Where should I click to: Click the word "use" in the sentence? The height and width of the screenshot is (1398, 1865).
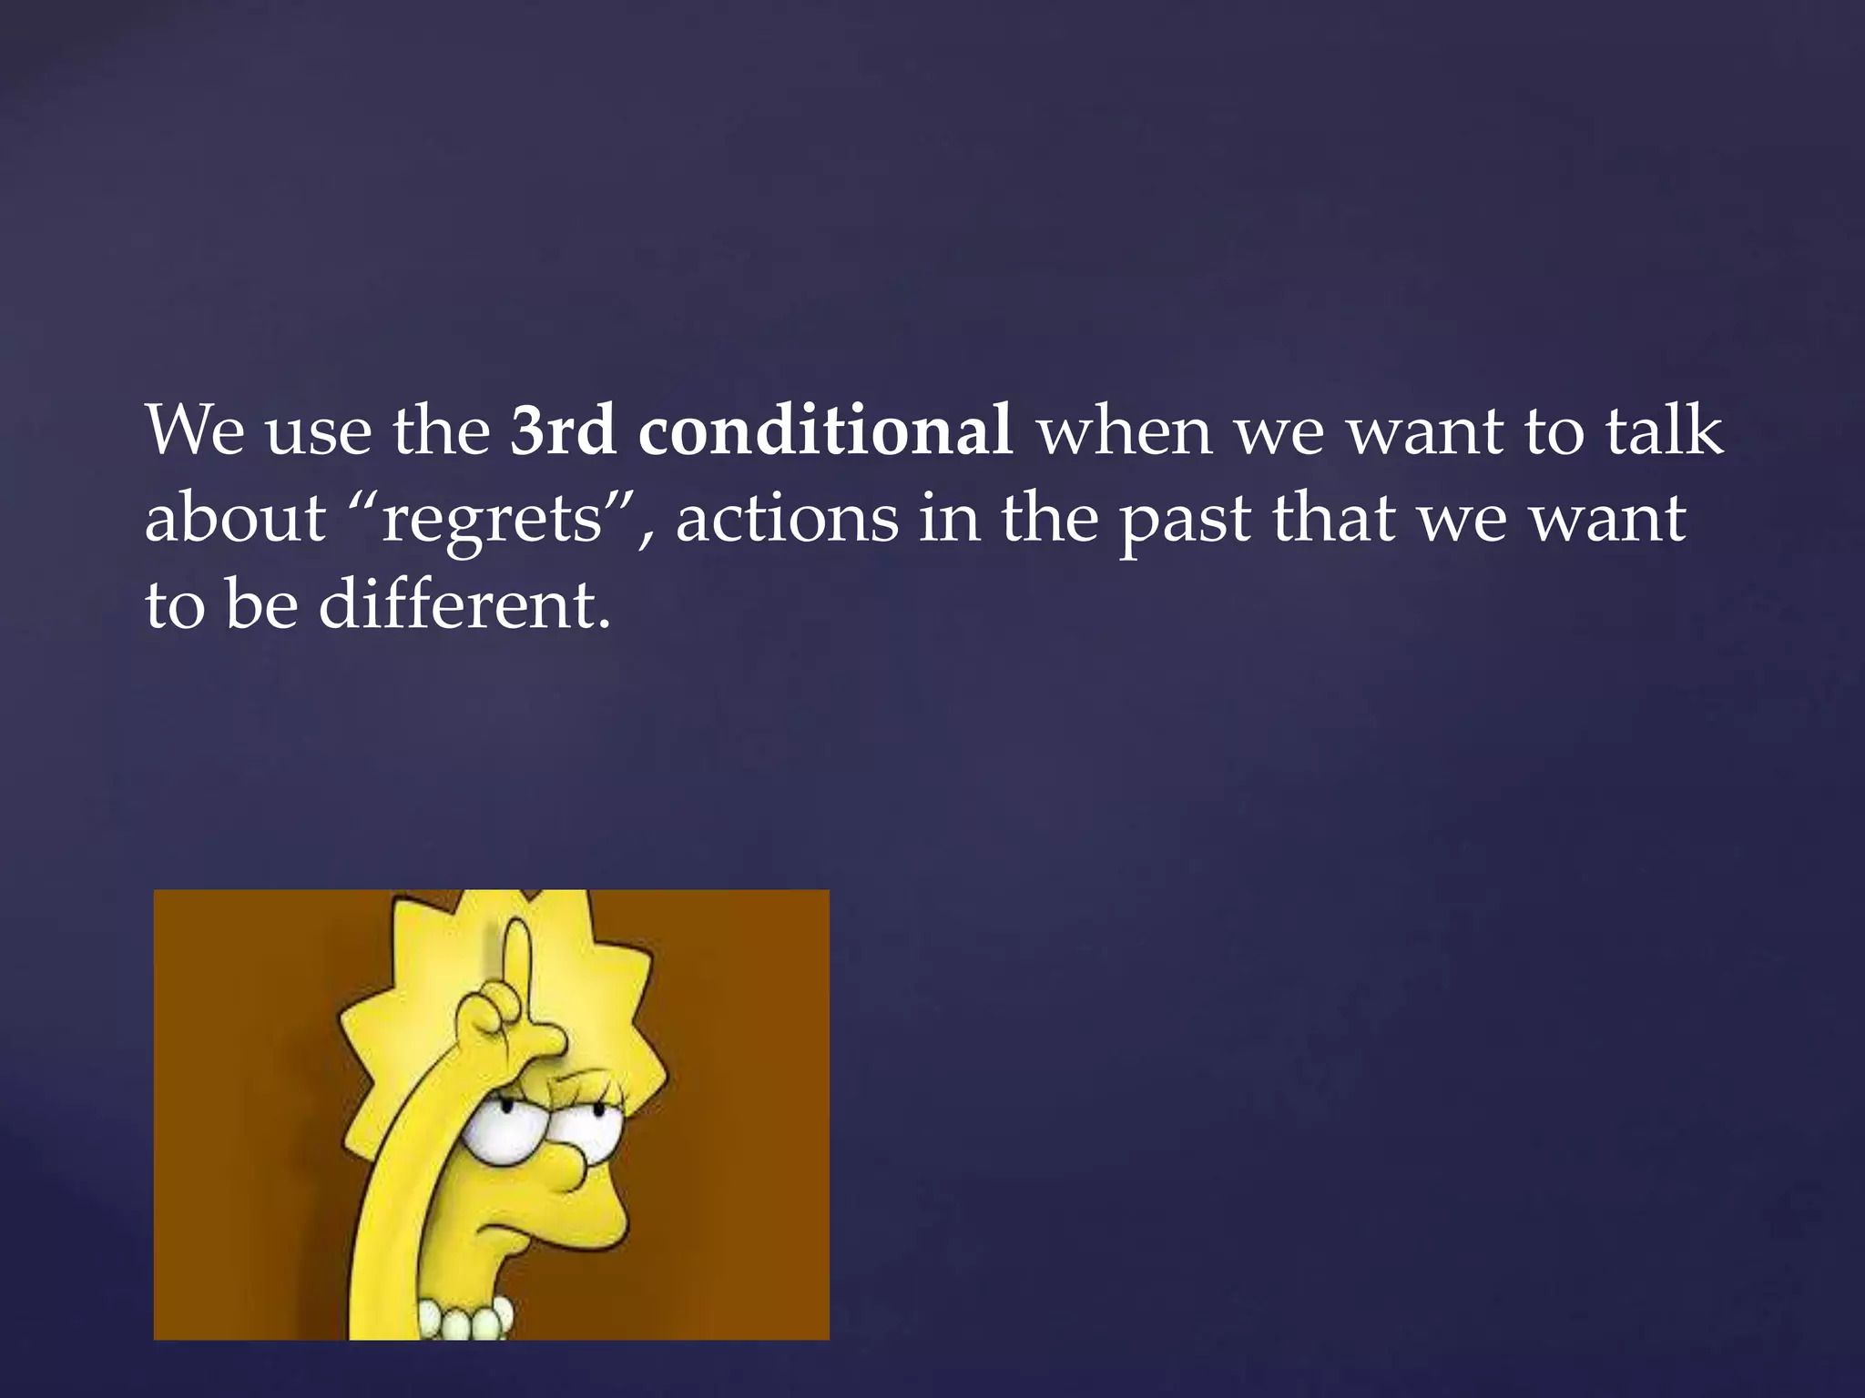click(x=318, y=432)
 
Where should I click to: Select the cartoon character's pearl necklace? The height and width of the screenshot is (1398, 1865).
click(x=465, y=1318)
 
